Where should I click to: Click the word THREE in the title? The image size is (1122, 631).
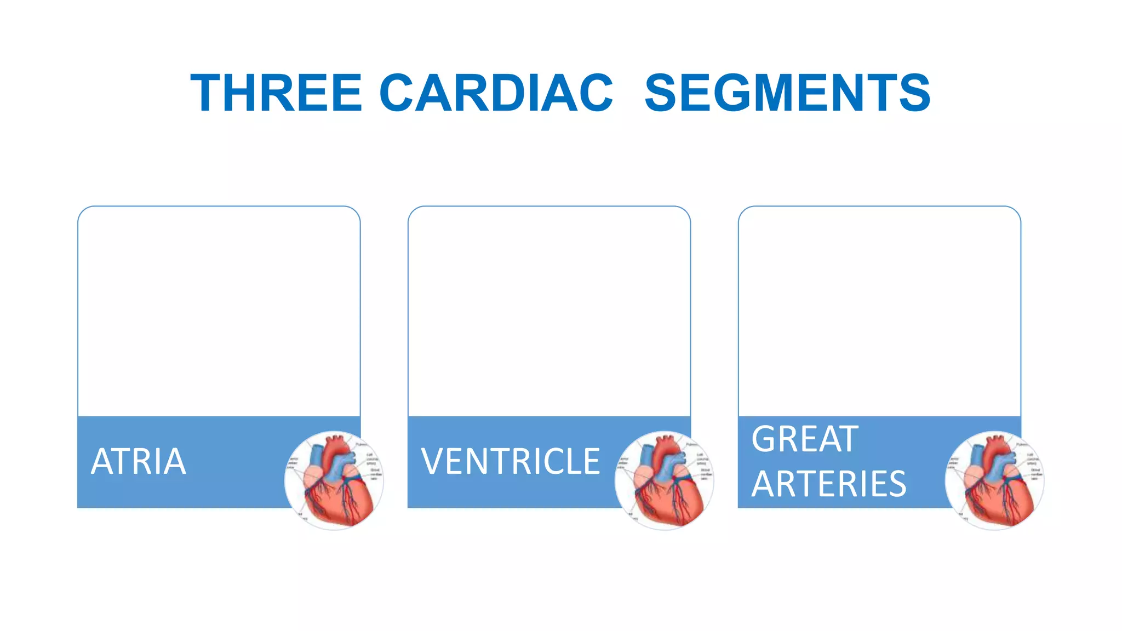coord(276,93)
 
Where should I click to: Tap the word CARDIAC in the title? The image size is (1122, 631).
coord(496,93)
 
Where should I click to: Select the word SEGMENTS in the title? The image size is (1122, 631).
coord(787,93)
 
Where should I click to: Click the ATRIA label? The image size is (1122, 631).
coord(139,462)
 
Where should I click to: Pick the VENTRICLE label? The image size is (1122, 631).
coord(511,462)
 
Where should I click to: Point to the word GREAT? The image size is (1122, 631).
coord(804,439)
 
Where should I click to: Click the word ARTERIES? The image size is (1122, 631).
coord(829,484)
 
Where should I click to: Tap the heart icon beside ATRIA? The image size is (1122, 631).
coord(334,480)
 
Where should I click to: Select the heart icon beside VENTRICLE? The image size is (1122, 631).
coord(665,480)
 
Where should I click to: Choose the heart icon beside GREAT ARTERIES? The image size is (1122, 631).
coord(995,480)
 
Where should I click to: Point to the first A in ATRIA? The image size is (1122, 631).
coord(102,462)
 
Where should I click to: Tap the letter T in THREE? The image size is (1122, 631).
coord(207,93)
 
